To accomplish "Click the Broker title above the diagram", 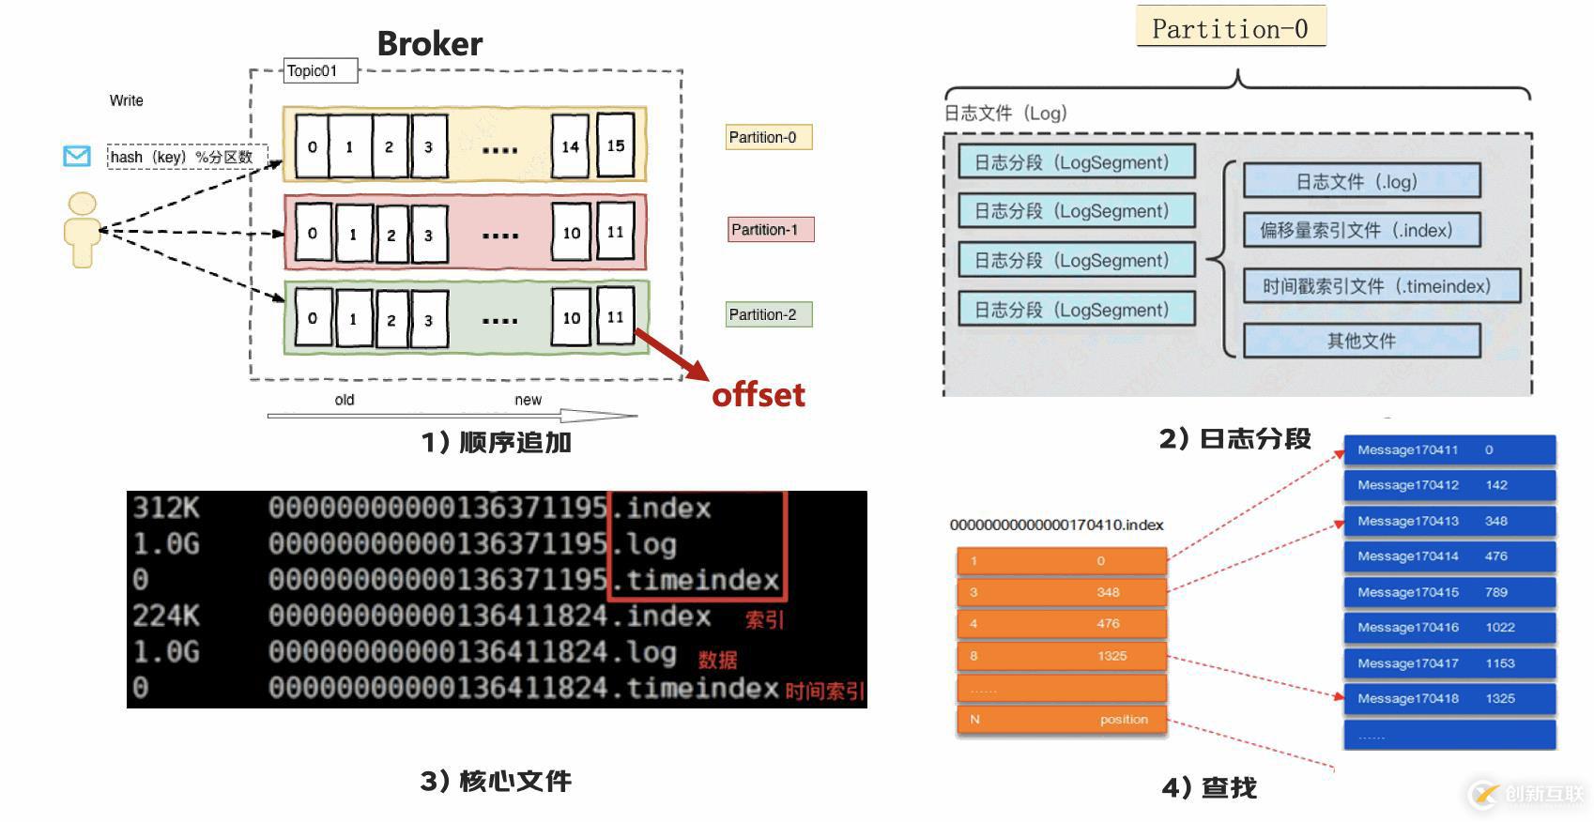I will coord(429,44).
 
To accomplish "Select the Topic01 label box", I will coord(320,70).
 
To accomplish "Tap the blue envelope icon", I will coord(77,156).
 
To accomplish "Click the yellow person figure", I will coord(83,230).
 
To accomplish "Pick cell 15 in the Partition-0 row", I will coord(616,145).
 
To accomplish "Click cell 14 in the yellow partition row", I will coord(570,146).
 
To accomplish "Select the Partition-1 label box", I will coord(770,230).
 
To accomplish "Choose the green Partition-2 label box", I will coord(769,314).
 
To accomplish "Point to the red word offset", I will coord(759,395).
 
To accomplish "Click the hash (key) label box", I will coord(187,157).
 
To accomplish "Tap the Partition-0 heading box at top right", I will coord(1230,28).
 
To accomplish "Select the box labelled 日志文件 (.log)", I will coord(1361,181).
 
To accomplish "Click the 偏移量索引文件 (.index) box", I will coord(1361,230).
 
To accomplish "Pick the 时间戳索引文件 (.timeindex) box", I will coord(1381,286).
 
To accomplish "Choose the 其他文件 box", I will coord(1361,341).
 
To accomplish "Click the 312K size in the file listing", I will coord(166,508).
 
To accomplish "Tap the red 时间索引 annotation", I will coord(824,692).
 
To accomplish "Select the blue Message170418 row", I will coord(1449,699).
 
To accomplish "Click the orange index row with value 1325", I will coord(1061,656).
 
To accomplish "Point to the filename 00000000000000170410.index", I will coord(1056,525).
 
